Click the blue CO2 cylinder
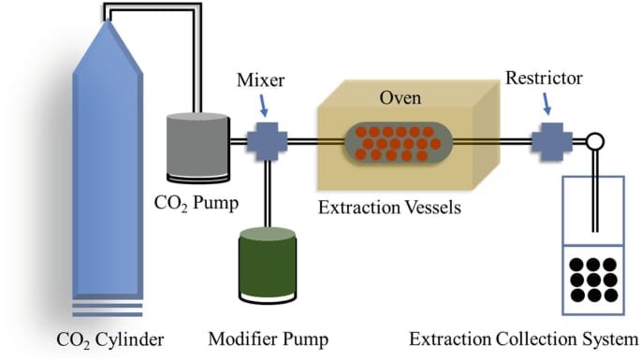click(108, 164)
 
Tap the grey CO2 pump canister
click(197, 147)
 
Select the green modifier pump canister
click(268, 265)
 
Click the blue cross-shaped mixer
click(267, 141)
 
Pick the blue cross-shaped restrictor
click(552, 141)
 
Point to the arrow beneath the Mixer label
click(264, 106)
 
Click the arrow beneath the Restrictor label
click(546, 104)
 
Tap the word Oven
click(401, 97)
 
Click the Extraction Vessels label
click(389, 208)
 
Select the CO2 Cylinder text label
click(110, 340)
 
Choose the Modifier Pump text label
click(269, 339)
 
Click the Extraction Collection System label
click(524, 339)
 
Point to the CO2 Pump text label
click(197, 203)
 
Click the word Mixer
click(261, 80)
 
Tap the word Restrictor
click(544, 78)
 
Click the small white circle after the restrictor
click(595, 141)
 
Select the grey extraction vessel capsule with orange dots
click(399, 143)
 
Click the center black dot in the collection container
click(593, 280)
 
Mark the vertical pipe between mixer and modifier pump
click(267, 194)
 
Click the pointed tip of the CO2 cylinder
click(108, 20)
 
